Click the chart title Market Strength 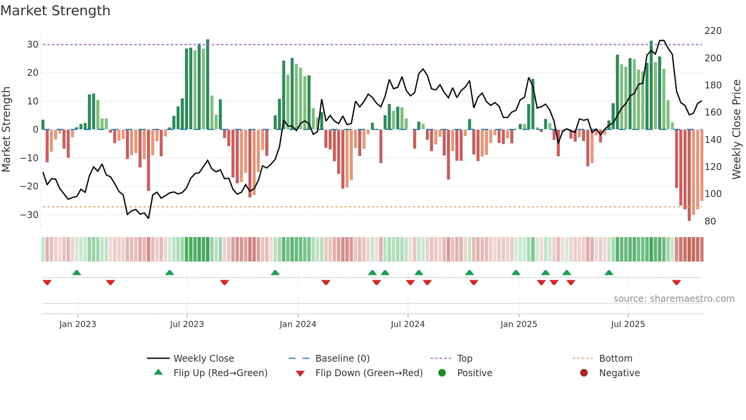click(x=55, y=11)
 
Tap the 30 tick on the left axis click(x=33, y=45)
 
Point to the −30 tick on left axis click(x=30, y=215)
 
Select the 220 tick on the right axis click(x=713, y=31)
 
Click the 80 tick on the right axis click(x=710, y=221)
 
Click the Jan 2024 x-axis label click(x=298, y=324)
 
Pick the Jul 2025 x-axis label click(x=628, y=324)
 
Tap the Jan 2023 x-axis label click(x=78, y=324)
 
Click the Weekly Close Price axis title click(x=736, y=130)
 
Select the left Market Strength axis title click(x=6, y=130)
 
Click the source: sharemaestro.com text click(x=674, y=299)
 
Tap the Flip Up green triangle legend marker click(x=158, y=372)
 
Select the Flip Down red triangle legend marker click(x=300, y=374)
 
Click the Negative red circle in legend click(x=584, y=373)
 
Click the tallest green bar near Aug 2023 click(x=208, y=84)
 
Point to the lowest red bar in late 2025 click(x=689, y=175)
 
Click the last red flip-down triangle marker click(x=676, y=282)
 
